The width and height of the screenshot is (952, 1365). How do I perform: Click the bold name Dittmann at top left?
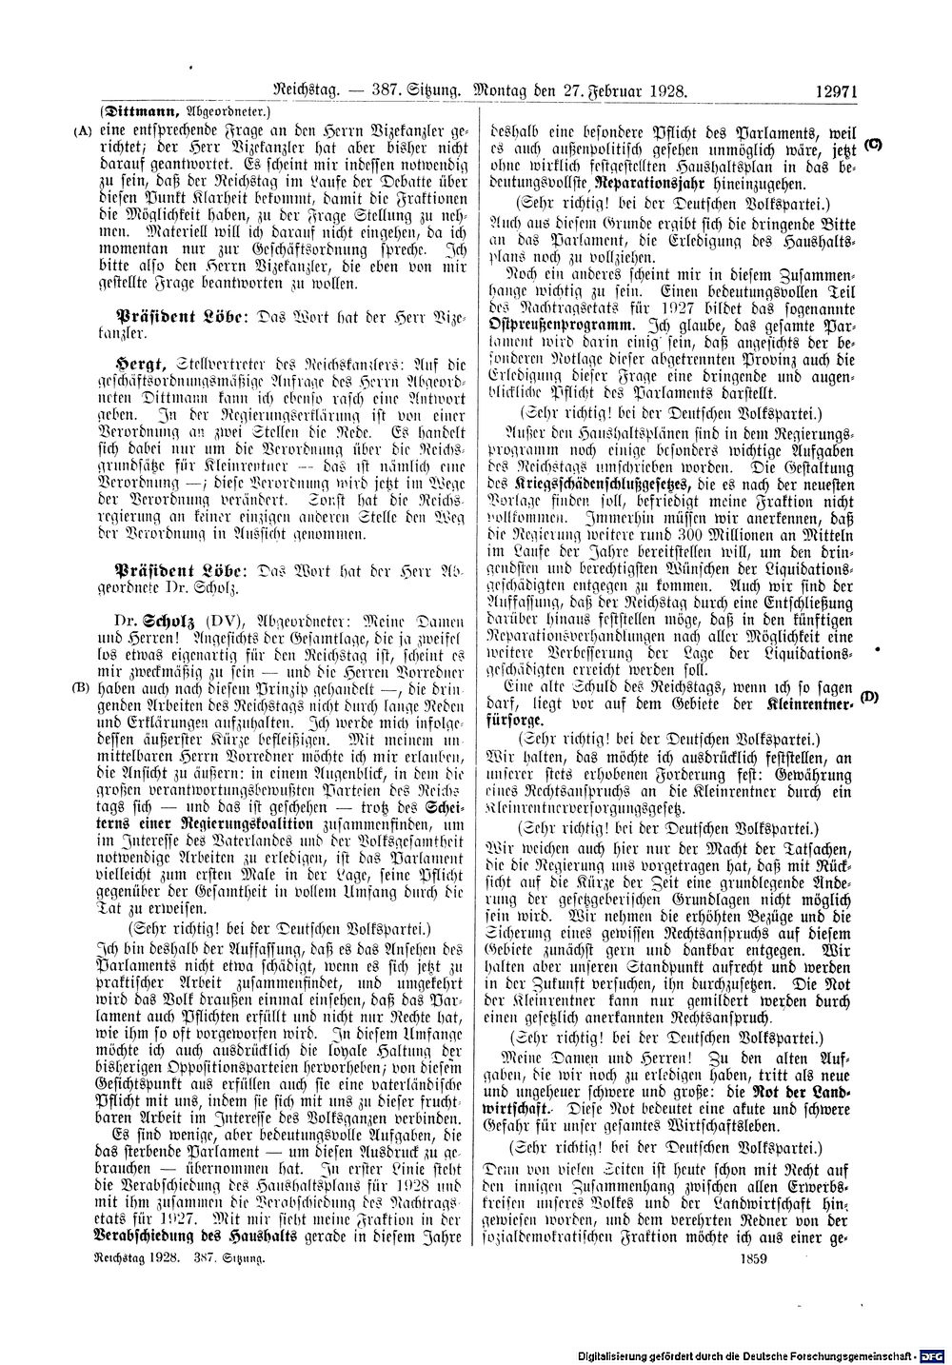145,110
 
